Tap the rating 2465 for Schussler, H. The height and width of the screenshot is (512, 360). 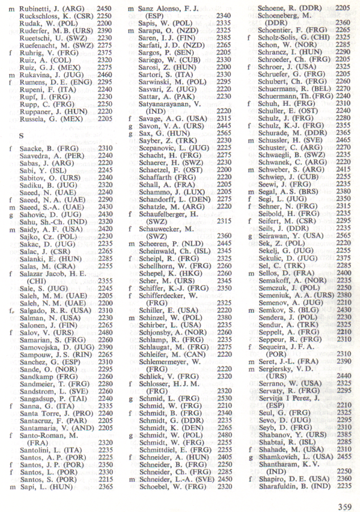[x=343, y=140]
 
